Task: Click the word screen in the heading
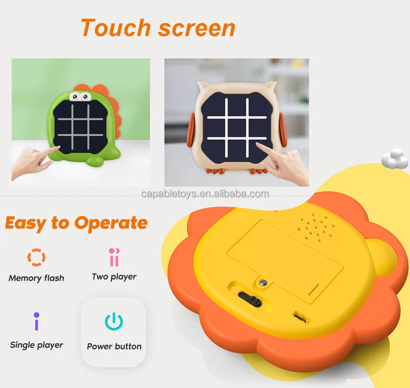pos(197,28)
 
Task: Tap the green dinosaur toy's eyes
pos(80,96)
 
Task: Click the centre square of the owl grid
pos(237,128)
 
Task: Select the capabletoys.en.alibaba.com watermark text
pos(205,194)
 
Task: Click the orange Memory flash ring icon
pos(36,257)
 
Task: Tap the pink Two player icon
pos(114,257)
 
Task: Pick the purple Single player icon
pos(36,321)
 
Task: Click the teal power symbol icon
pos(114,321)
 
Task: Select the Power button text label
pos(114,346)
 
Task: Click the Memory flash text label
pos(36,278)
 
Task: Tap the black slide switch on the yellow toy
pos(251,300)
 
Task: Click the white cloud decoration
pos(395,160)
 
